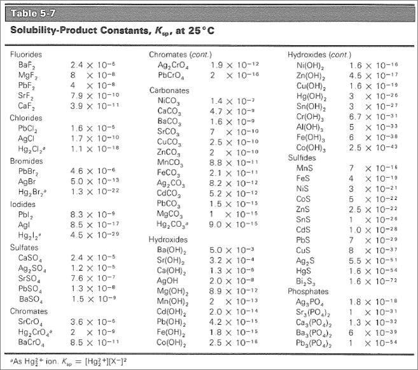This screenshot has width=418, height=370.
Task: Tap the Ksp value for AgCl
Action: pyautogui.click(x=95, y=138)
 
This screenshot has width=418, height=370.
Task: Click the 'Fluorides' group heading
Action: pyautogui.click(x=26, y=55)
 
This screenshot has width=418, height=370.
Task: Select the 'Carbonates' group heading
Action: pyautogui.click(x=169, y=90)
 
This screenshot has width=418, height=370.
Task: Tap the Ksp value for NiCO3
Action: pyautogui.click(x=233, y=101)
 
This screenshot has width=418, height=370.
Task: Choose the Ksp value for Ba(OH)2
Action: pyautogui.click(x=233, y=250)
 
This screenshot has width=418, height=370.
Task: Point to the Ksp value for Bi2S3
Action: pyautogui.click(x=373, y=281)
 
